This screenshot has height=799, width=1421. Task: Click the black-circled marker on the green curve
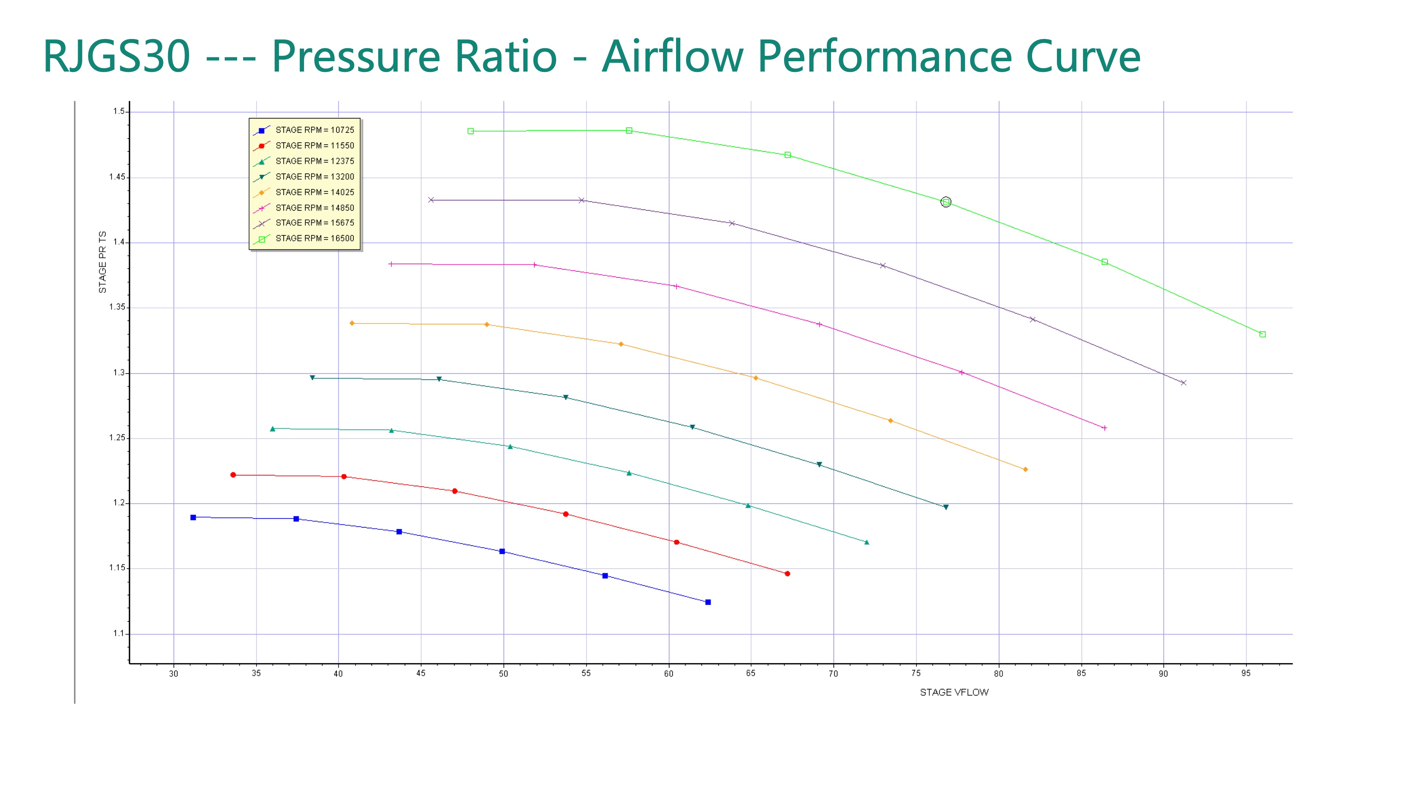pyautogui.click(x=946, y=202)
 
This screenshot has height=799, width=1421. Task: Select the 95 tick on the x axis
pyautogui.click(x=1246, y=673)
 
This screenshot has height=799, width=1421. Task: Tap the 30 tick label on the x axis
pyautogui.click(x=174, y=673)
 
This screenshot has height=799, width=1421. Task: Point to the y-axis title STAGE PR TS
pyautogui.click(x=103, y=262)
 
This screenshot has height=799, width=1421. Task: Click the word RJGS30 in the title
pyautogui.click(x=117, y=56)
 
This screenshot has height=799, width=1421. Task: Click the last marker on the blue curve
pyautogui.click(x=708, y=602)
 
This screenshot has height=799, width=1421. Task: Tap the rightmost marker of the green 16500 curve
pyautogui.click(x=1263, y=334)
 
